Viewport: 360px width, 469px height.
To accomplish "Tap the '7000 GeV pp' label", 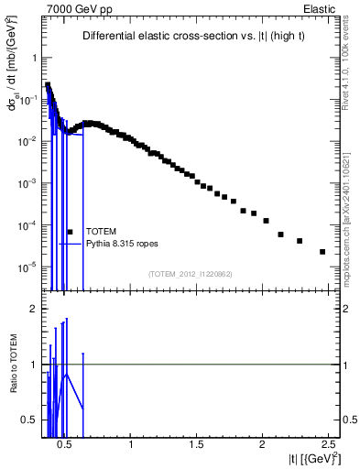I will click(72, 8).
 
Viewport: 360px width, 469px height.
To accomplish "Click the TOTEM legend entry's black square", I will click(70, 232).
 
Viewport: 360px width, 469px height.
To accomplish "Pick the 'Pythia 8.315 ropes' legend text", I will click(124, 244).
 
